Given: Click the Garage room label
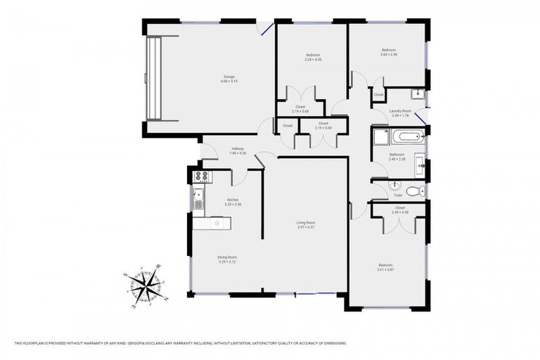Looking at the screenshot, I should (x=229, y=77).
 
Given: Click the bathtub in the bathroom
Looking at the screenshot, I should (x=406, y=137).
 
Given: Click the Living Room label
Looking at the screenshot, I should (x=306, y=222).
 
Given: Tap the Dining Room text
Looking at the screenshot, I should (x=227, y=257).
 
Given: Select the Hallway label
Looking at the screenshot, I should (x=238, y=148).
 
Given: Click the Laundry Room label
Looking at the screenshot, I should (x=400, y=110).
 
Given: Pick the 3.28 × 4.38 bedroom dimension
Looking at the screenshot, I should (x=313, y=60).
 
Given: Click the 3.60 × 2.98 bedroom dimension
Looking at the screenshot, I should (x=389, y=55).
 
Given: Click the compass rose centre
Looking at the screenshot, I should (x=146, y=285).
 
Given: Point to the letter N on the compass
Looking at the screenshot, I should (x=167, y=298).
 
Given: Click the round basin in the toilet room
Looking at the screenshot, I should (x=393, y=186).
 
